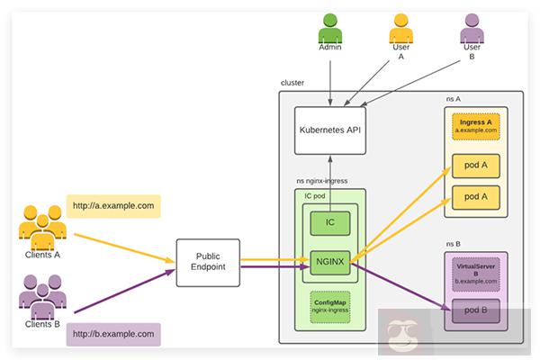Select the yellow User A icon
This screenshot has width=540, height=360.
pyautogui.click(x=400, y=26)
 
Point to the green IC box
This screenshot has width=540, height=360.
pyautogui.click(x=329, y=222)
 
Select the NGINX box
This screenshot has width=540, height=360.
pyautogui.click(x=329, y=262)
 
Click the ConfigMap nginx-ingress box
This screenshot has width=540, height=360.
pyautogui.click(x=329, y=306)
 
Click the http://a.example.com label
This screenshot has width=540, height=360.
pyautogui.click(x=114, y=205)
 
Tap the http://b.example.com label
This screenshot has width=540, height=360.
pyautogui.click(x=114, y=334)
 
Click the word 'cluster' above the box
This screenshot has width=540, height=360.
pyautogui.click(x=293, y=83)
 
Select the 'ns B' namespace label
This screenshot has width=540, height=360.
pyautogui.click(x=454, y=243)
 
